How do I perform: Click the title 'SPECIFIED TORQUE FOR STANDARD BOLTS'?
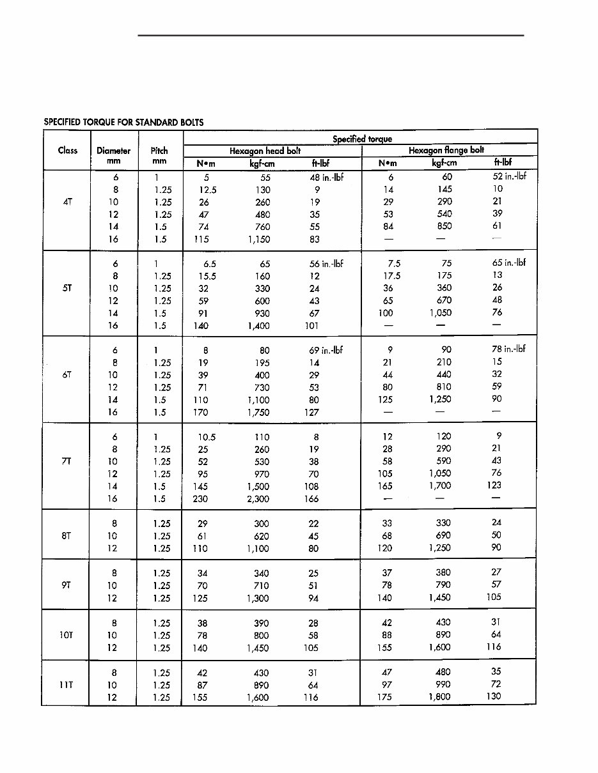coord(124,122)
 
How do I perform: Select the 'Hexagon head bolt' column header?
coord(265,151)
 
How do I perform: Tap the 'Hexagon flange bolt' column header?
coord(446,151)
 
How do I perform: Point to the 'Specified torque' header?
coord(362,139)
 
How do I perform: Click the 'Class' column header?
coord(67,151)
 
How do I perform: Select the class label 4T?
coord(68,202)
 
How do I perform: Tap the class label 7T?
coord(67,461)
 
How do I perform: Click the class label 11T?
coord(66,685)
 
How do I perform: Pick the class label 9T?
coord(67,585)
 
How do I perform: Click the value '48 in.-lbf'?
coord(326,178)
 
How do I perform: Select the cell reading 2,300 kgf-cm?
coord(258,499)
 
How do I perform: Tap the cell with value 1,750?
coord(258,413)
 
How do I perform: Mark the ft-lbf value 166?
coord(311,499)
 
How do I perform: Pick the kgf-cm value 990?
coord(442,685)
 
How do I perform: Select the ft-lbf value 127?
coord(312,413)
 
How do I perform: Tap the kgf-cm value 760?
coord(262,227)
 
